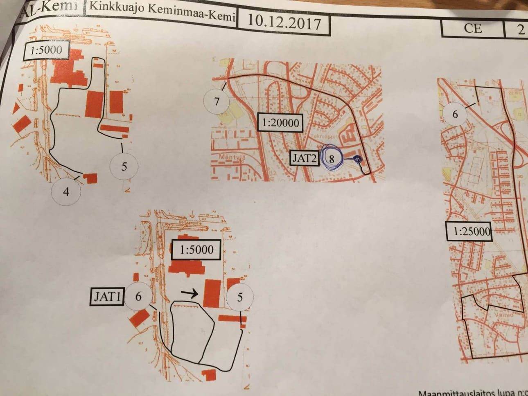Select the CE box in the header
[x=472, y=28]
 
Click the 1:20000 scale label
[x=280, y=123]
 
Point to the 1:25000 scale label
[x=472, y=232]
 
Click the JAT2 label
[x=304, y=158]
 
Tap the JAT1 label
[x=107, y=297]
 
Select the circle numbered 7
[x=217, y=101]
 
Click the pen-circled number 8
[x=332, y=159]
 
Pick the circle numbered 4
[x=66, y=191]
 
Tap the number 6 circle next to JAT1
[x=138, y=296]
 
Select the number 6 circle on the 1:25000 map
[x=455, y=114]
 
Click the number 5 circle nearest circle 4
[x=124, y=166]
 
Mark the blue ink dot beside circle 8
[x=357, y=159]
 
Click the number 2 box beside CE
[x=521, y=29]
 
